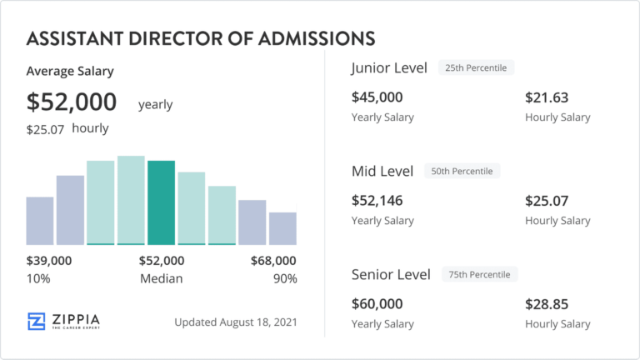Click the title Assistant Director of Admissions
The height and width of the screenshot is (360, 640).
pyautogui.click(x=200, y=38)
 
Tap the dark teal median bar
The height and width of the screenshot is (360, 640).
pyautogui.click(x=161, y=202)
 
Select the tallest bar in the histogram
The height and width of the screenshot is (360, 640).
pyautogui.click(x=131, y=200)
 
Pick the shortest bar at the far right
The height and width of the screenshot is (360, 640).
pyautogui.click(x=282, y=228)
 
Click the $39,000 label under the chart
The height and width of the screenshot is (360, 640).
pyautogui.click(x=49, y=261)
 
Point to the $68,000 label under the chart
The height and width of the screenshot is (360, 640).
pyautogui.click(x=273, y=261)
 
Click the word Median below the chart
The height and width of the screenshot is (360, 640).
pyautogui.click(x=161, y=278)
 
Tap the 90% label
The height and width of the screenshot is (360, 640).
pyautogui.click(x=284, y=278)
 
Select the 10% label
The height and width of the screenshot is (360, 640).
pyautogui.click(x=38, y=278)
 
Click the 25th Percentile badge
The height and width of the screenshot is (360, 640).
pyautogui.click(x=477, y=67)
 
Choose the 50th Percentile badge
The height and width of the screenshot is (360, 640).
pyautogui.click(x=462, y=171)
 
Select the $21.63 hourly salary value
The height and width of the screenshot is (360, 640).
pyautogui.click(x=547, y=97)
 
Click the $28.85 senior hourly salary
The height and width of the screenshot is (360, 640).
pyautogui.click(x=547, y=304)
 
